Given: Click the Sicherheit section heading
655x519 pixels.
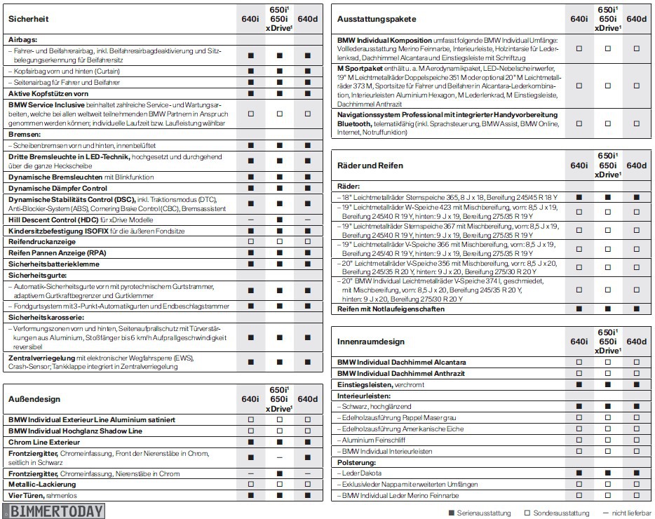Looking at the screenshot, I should [29, 20].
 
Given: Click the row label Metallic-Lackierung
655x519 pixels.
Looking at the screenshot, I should [42, 484].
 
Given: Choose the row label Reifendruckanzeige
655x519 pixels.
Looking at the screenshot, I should [42, 241].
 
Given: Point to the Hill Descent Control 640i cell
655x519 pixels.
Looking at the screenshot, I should [251, 220].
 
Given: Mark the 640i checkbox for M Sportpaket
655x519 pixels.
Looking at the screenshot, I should [579, 86].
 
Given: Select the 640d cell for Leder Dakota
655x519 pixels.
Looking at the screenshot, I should [636, 473].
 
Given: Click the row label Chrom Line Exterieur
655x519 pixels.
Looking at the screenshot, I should [44, 442].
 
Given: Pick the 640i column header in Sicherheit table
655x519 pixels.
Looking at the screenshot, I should [251, 19].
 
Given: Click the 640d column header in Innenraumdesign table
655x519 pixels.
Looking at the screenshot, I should [636, 342].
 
